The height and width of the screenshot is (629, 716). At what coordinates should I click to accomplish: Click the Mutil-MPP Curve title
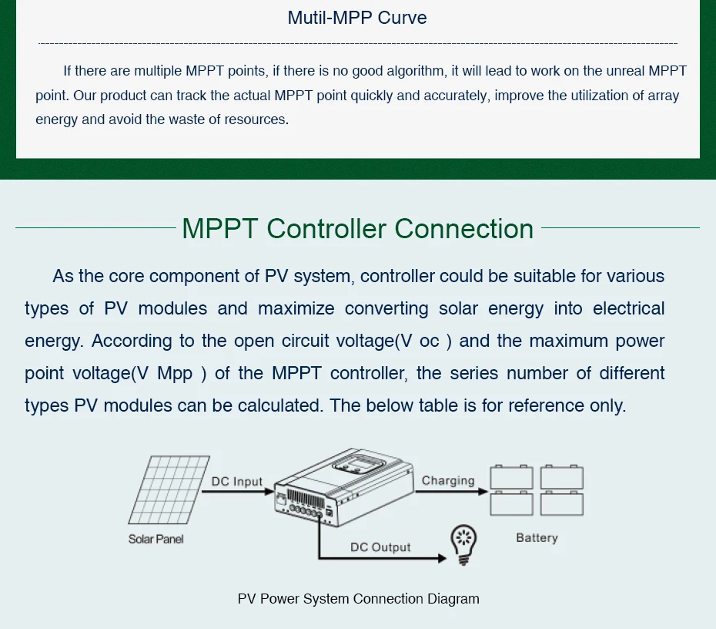pos(357,18)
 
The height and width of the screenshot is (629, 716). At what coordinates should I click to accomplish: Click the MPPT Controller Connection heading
pos(357,228)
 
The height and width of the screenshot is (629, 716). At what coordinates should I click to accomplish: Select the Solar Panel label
pos(156,539)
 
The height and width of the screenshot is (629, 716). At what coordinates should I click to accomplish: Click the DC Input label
pos(237,482)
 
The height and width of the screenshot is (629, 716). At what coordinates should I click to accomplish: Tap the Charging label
pos(448,480)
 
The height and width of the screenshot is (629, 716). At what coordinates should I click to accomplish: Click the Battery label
pos(537,538)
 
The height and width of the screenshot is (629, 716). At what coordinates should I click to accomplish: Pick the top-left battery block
pos(511,478)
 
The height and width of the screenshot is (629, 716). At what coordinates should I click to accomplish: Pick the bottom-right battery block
pos(561,503)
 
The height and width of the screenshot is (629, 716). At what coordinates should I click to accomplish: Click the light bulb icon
pos(463,544)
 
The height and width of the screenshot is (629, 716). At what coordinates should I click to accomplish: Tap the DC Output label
pos(380,547)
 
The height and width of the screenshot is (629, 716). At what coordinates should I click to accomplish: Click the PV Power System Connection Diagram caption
pos(358,599)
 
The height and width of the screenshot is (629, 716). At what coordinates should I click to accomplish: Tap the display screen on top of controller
pos(359,465)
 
